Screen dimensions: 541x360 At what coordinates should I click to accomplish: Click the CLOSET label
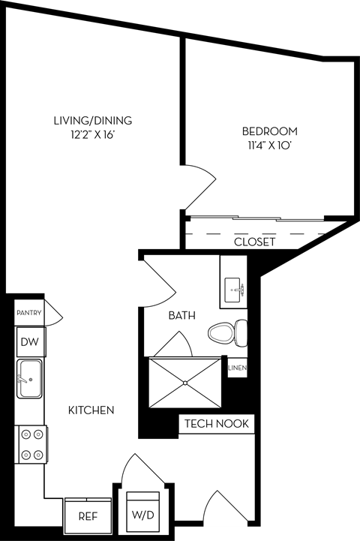tap(254, 242)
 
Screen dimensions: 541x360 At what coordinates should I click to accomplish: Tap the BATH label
tap(181, 316)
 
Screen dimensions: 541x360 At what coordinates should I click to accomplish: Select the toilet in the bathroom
tap(229, 331)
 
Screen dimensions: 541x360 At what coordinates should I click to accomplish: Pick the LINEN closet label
tap(237, 368)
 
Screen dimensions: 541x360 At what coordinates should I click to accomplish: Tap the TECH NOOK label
tap(216, 424)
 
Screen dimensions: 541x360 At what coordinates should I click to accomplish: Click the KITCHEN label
tap(91, 410)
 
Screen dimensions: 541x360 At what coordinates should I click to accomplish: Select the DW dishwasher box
tap(29, 343)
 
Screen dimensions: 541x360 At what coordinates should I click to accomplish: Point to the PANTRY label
tap(28, 314)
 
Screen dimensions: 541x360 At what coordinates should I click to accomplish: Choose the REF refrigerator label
tap(88, 517)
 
